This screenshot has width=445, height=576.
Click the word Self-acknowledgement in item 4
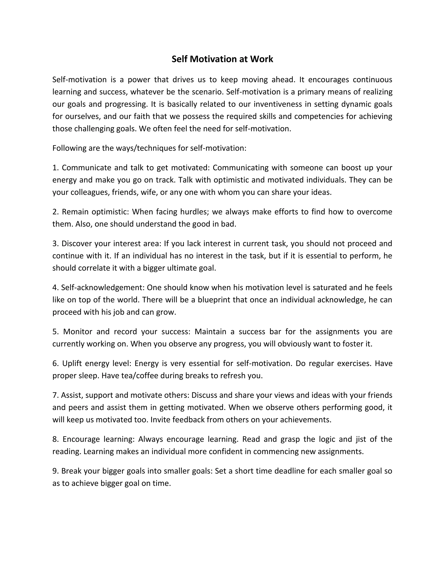103,288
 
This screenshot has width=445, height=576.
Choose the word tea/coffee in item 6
139,376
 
